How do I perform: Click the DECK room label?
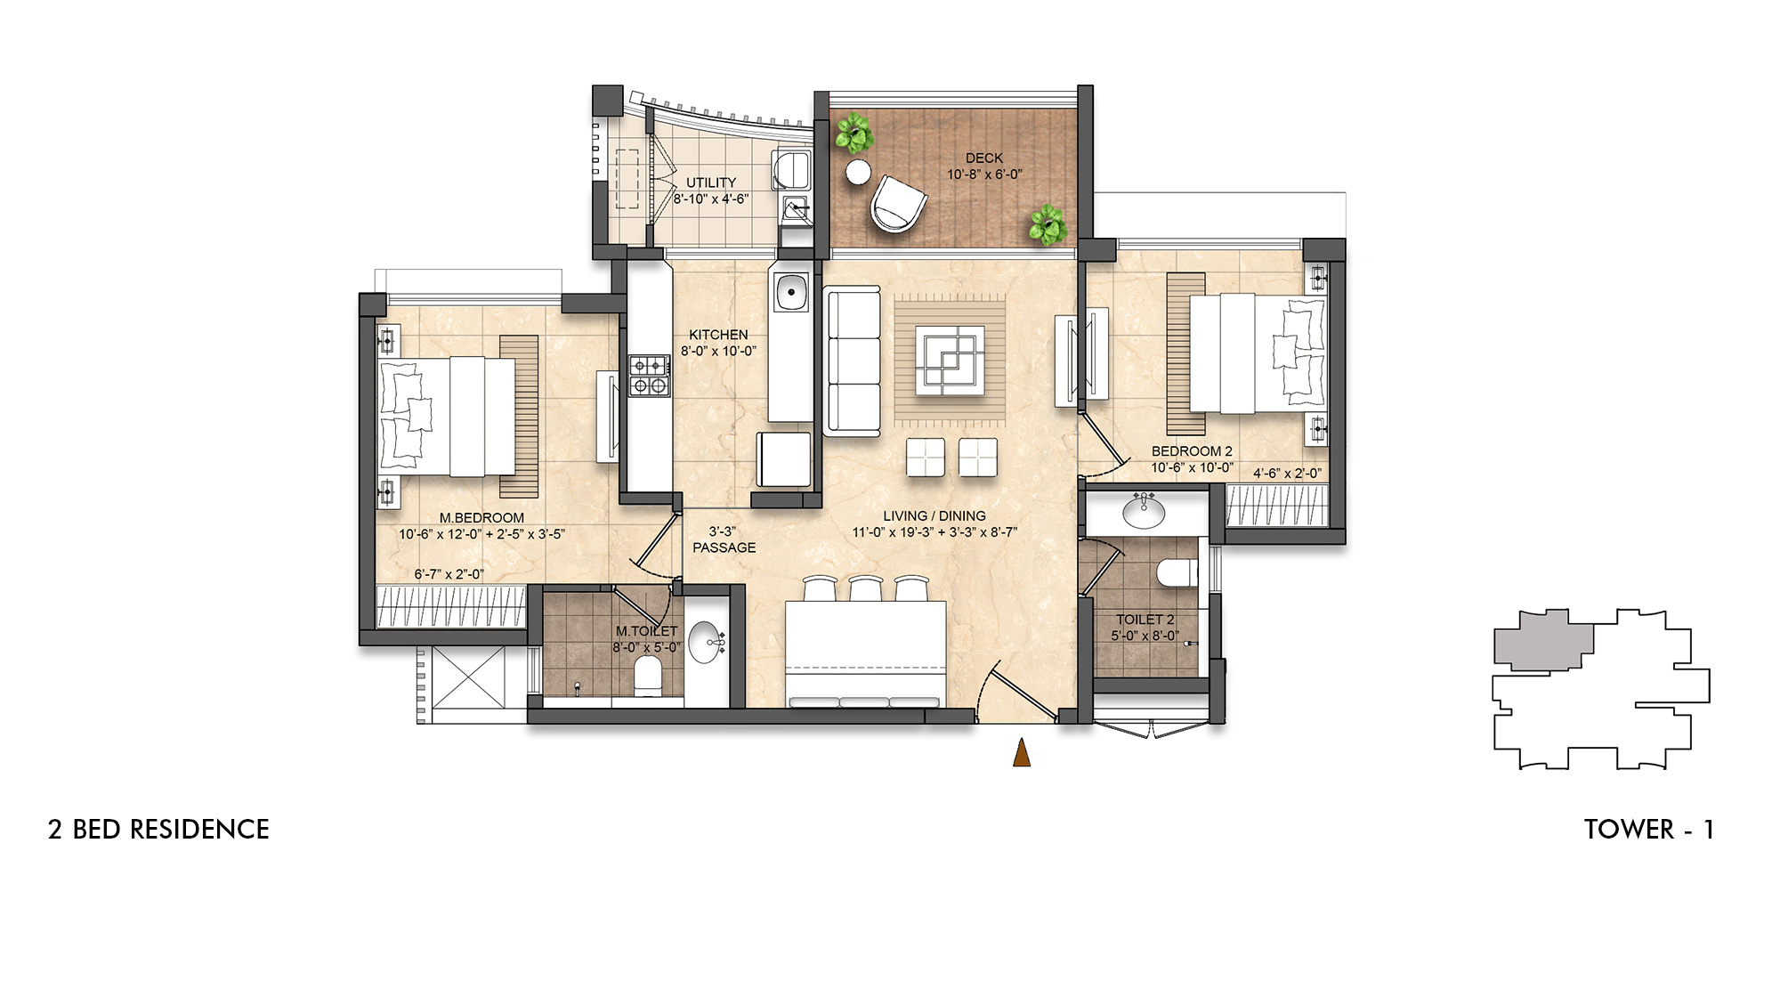point(983,158)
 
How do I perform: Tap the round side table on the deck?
point(858,173)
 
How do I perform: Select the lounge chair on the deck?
point(899,204)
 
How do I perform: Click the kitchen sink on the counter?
point(789,291)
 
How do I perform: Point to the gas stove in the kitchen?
point(649,375)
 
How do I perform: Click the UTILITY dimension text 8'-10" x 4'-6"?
point(710,199)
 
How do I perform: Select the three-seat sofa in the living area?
point(853,361)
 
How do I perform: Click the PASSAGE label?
point(724,547)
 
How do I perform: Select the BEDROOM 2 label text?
point(1192,451)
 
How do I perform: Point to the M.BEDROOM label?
point(481,518)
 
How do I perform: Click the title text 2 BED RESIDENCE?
point(158,830)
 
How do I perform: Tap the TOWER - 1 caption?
point(1648,830)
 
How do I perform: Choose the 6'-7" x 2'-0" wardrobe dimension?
point(449,574)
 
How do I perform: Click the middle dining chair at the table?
point(864,589)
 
